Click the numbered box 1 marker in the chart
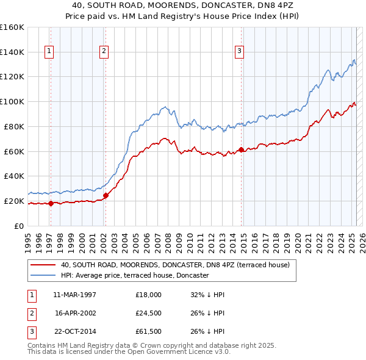point(48,52)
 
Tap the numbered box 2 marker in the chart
point(104,52)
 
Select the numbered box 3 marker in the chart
point(240,52)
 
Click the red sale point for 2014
point(242,149)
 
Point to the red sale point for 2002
point(106,195)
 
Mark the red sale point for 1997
point(51,203)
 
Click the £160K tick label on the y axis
point(12,27)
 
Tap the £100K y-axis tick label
point(12,101)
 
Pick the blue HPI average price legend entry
point(134,276)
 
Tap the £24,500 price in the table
point(149,313)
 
